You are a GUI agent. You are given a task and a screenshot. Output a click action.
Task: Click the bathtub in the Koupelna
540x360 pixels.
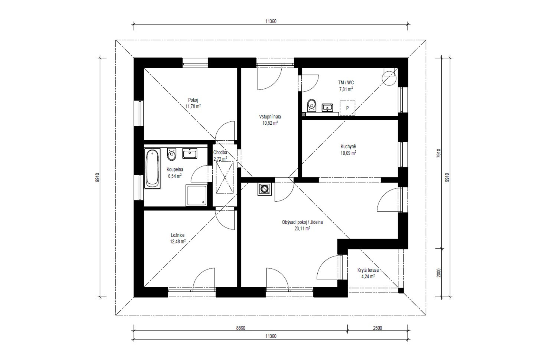click(x=153, y=168)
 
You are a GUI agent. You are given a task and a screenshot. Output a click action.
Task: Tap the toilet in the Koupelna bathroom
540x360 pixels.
click(x=171, y=154)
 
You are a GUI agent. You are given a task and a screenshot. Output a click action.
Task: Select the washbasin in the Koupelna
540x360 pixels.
click(x=190, y=153)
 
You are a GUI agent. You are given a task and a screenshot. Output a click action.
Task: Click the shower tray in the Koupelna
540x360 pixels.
click(x=196, y=195)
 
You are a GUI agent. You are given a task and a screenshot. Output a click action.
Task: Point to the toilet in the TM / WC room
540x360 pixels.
click(x=312, y=105)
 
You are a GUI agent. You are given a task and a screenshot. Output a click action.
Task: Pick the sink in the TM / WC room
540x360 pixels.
click(x=327, y=108)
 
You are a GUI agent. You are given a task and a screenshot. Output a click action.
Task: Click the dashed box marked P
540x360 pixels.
click(x=347, y=108)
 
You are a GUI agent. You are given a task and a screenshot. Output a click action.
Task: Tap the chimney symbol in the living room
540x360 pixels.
click(x=265, y=189)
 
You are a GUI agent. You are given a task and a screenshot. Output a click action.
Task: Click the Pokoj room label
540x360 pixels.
click(x=193, y=100)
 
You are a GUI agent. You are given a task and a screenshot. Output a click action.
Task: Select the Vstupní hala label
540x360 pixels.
click(x=270, y=117)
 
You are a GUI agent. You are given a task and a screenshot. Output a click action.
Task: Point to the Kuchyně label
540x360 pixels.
click(x=348, y=146)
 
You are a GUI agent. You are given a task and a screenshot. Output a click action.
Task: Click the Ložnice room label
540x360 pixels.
click(x=178, y=235)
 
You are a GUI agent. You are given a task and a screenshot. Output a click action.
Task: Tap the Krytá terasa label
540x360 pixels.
click(x=368, y=270)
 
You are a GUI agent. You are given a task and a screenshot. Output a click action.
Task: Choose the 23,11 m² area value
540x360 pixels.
click(x=302, y=228)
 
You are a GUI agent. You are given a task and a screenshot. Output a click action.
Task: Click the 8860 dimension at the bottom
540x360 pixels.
click(x=240, y=328)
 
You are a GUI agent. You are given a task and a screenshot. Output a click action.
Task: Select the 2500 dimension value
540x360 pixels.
click(x=377, y=328)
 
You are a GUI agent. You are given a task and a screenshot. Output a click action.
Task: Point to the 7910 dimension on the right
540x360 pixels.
click(x=439, y=153)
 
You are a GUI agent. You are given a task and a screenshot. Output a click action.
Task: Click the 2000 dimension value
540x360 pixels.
click(x=439, y=273)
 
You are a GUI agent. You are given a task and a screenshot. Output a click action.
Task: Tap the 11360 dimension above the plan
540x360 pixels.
click(x=271, y=21)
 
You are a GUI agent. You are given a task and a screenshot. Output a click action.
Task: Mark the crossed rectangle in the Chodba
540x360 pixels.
click(x=225, y=177)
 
